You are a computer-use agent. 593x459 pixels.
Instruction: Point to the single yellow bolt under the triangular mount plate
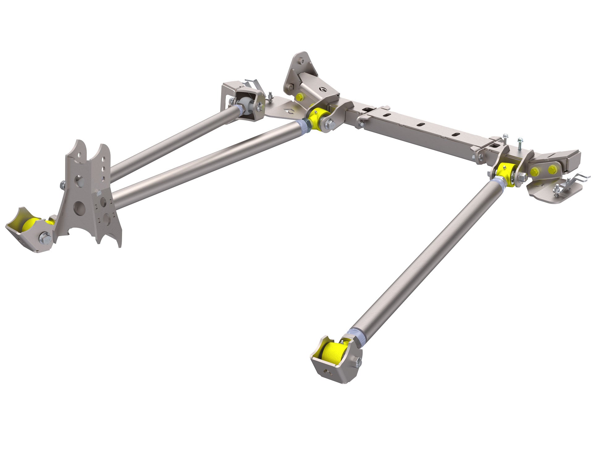(299, 97)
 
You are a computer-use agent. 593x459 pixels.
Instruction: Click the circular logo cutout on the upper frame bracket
(323, 90)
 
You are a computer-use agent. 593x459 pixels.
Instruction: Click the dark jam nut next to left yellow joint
(307, 124)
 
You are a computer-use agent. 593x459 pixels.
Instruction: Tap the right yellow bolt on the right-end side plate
(552, 169)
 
